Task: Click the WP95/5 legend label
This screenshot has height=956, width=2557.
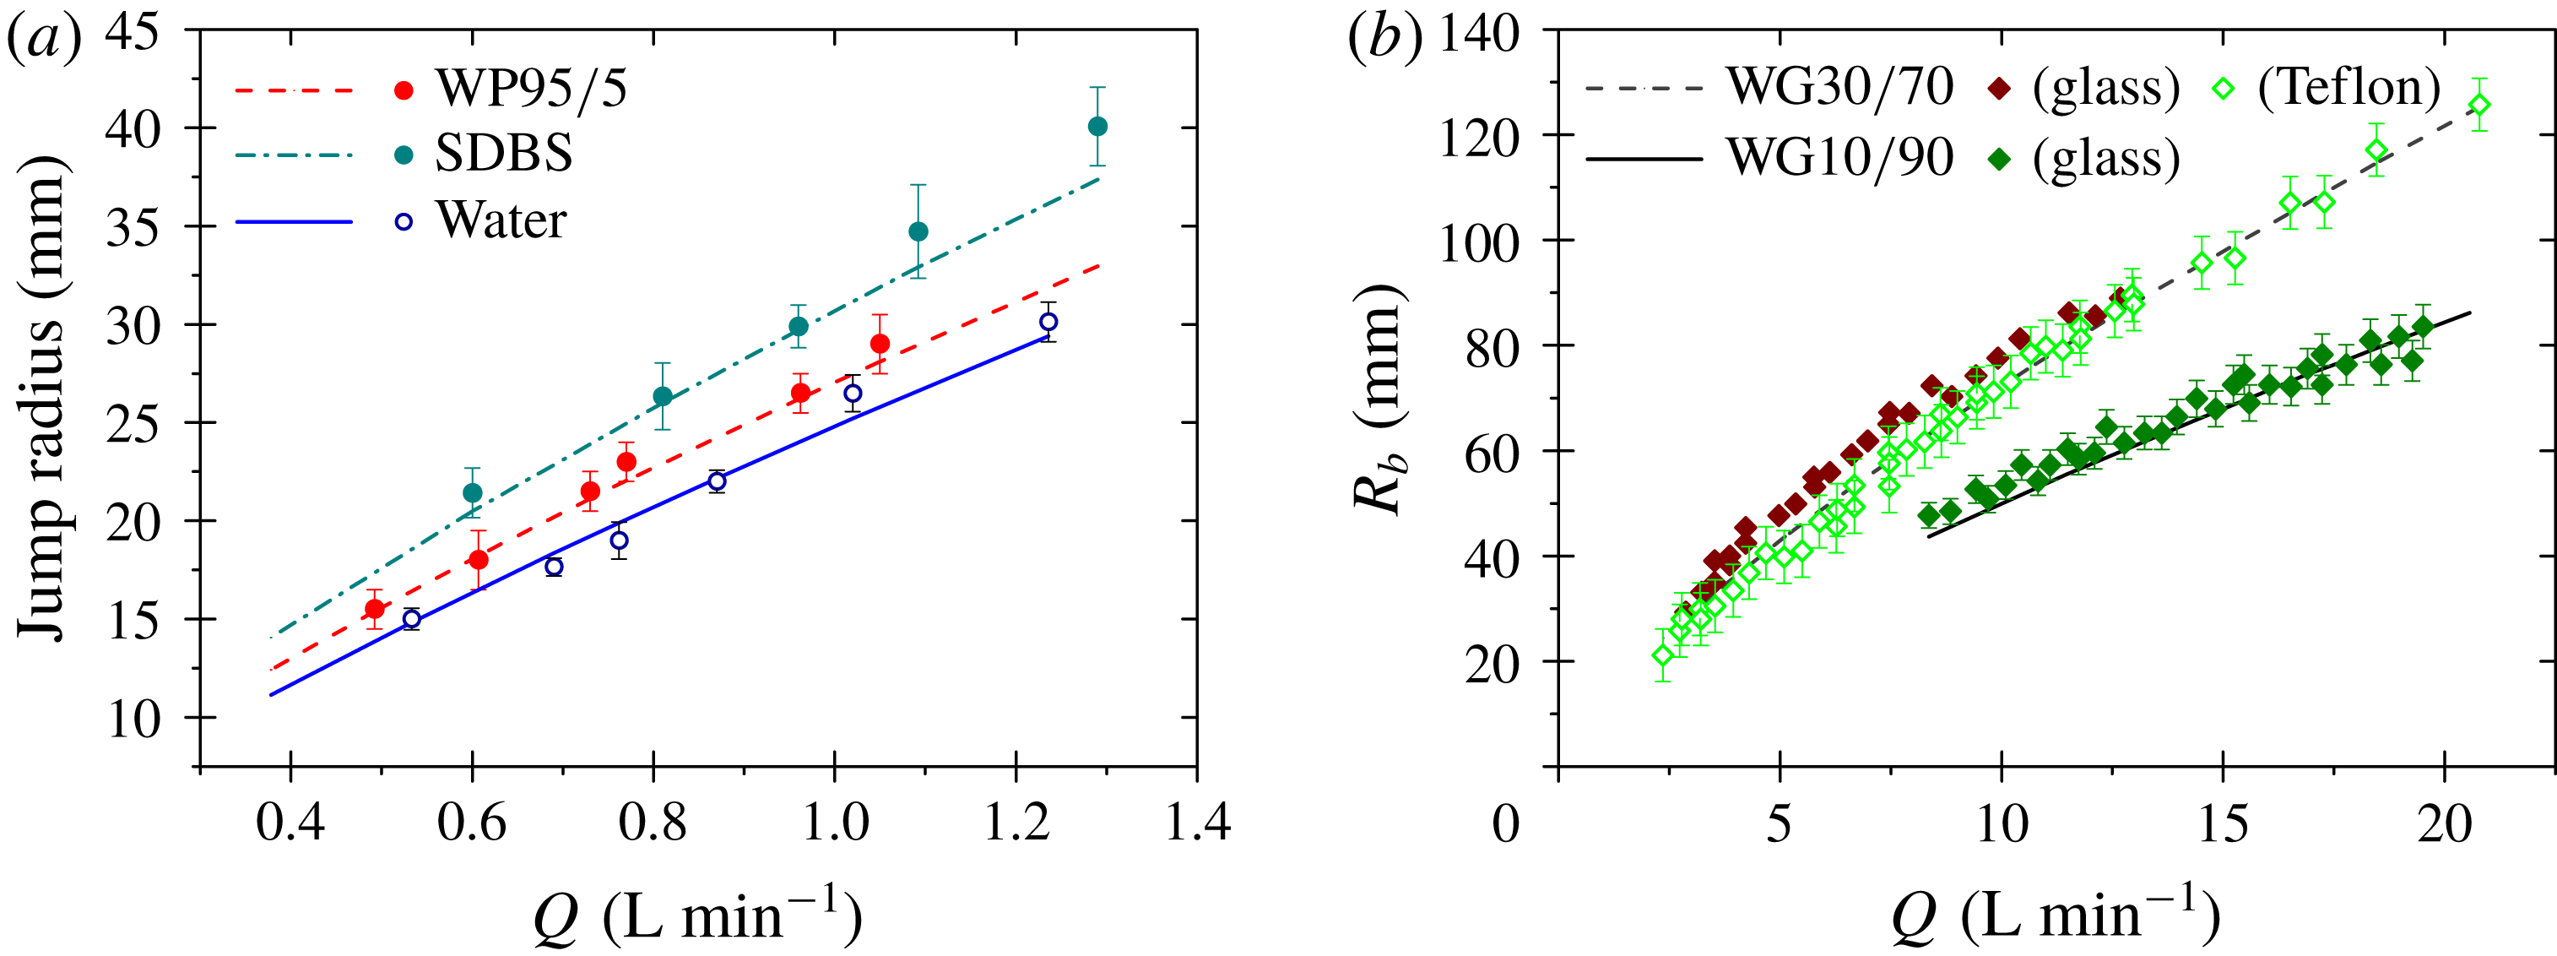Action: click(x=531, y=90)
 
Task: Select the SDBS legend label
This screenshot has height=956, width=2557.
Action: click(x=503, y=154)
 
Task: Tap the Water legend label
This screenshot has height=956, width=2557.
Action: click(x=501, y=220)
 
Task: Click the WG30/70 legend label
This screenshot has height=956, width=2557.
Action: click(x=1839, y=87)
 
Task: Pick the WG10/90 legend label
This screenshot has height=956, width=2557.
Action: click(x=1839, y=158)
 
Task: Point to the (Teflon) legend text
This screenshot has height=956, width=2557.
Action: click(x=2348, y=87)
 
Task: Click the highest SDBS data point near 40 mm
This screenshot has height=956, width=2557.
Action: click(x=1097, y=126)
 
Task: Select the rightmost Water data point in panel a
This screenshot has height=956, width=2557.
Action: click(x=1048, y=322)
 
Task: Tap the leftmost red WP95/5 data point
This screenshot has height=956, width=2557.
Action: click(x=374, y=609)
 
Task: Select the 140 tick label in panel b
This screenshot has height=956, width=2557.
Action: click(x=1479, y=35)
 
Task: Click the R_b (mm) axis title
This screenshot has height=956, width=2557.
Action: click(x=1379, y=397)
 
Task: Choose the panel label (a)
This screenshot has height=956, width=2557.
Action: click(x=44, y=40)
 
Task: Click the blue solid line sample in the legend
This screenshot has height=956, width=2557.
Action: click(x=294, y=221)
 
